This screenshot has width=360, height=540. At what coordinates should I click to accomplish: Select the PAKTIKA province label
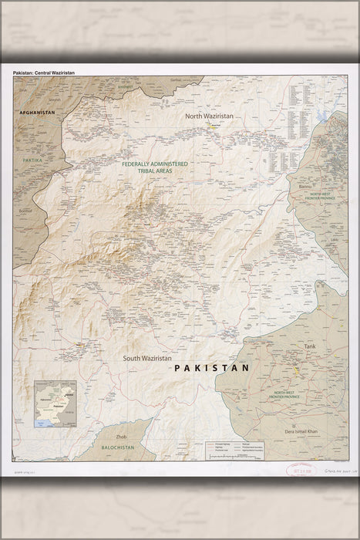click(32, 160)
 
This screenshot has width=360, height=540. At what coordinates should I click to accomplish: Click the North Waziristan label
click(208, 116)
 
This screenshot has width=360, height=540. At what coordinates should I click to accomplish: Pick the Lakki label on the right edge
click(333, 240)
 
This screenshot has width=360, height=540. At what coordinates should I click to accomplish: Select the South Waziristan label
click(153, 359)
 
